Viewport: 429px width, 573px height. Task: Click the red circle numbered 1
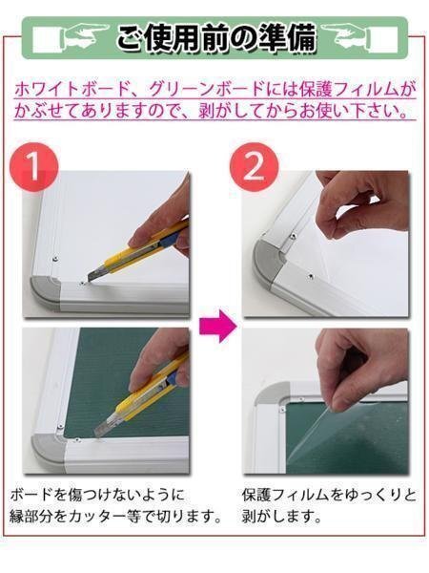34,167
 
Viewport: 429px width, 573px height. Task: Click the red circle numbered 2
254,167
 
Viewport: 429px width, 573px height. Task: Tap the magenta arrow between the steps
218,325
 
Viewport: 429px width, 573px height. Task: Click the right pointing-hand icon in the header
347,34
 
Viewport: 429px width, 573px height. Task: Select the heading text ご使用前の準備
216,36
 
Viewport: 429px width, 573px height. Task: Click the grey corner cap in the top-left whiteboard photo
47,291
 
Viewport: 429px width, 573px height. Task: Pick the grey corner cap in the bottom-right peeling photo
270,393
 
